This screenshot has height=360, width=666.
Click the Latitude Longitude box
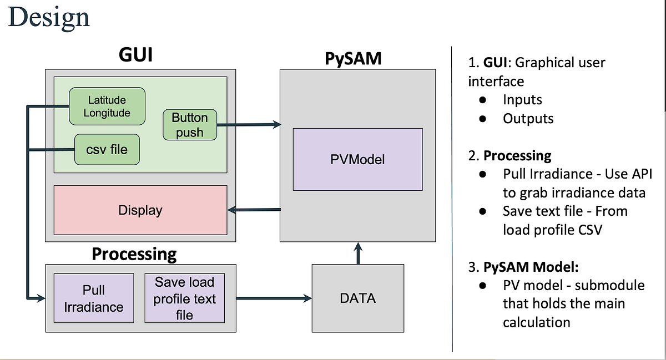pyautogui.click(x=107, y=107)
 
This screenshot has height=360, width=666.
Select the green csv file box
pyautogui.click(x=107, y=149)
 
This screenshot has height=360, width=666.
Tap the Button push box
pyautogui.click(x=189, y=125)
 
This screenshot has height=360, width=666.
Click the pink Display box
pyautogui.click(x=140, y=210)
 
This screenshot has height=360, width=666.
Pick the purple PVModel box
pyautogui.click(x=357, y=160)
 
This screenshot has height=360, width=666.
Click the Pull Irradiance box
pyautogui.click(x=93, y=298)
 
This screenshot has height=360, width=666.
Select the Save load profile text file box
pyautogui.click(x=184, y=298)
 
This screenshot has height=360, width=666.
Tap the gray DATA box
pyautogui.click(x=357, y=298)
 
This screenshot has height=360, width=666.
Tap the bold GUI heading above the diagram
pyautogui.click(x=136, y=55)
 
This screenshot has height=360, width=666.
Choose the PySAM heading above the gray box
pyautogui.click(x=353, y=58)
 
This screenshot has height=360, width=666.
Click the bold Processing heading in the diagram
pyautogui.click(x=134, y=254)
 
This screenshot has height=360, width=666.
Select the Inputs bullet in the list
pyautogui.click(x=522, y=100)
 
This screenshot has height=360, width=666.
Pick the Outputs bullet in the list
pyautogui.click(x=528, y=119)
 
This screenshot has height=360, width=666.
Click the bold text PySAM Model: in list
pyautogui.click(x=531, y=267)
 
